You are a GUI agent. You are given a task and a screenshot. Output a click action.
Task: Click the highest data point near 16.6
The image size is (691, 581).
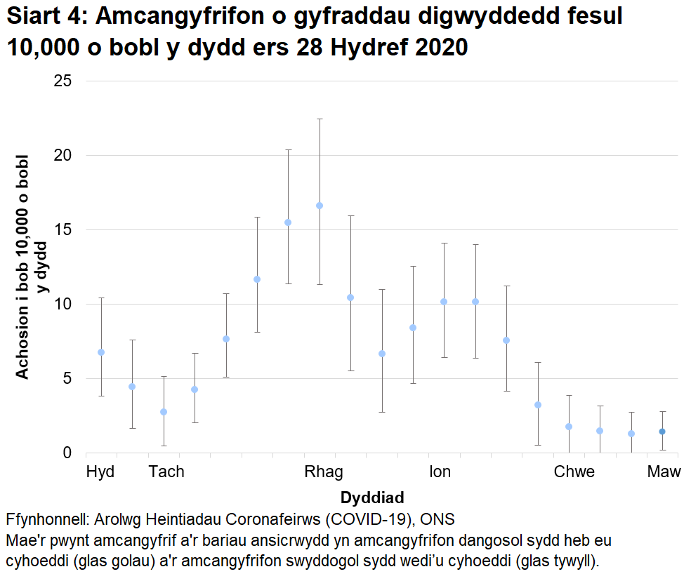point(320,206)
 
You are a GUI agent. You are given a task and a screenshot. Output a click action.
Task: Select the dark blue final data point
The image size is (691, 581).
point(662,432)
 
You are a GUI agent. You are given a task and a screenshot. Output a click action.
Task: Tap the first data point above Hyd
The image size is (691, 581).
point(101,352)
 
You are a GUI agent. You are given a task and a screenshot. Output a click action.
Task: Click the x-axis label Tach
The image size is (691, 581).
point(166,472)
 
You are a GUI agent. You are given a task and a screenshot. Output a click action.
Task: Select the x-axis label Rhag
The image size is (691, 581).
point(324,472)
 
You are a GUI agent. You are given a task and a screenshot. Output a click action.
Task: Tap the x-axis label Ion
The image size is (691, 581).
point(440,472)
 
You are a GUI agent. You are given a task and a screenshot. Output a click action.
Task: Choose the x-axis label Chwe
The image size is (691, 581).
point(574,472)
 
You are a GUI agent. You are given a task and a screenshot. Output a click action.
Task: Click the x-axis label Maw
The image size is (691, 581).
point(664,472)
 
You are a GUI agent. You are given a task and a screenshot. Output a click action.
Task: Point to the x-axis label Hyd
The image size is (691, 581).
point(100,472)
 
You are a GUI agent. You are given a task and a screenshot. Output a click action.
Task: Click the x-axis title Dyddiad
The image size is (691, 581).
point(372,498)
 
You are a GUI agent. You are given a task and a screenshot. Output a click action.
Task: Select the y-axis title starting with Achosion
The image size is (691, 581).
point(32,267)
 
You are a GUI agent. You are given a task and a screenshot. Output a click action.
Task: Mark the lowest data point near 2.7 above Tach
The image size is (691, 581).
point(164,412)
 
